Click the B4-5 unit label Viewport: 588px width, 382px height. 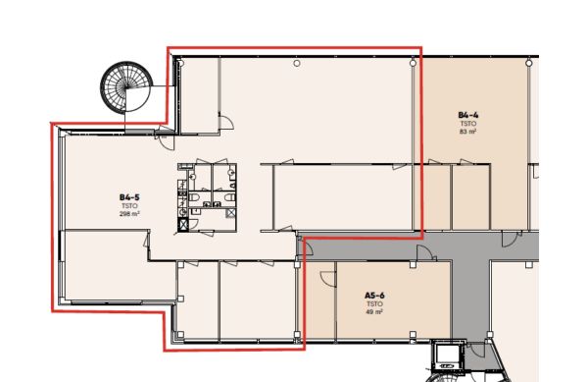click(129, 197)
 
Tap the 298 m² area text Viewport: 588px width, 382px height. click(129, 214)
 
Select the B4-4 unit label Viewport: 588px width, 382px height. click(468, 115)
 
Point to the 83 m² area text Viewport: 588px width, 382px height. click(468, 132)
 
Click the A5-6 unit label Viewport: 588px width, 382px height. click(374, 296)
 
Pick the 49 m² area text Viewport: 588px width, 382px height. click(374, 311)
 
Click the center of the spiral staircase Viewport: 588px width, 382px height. click(126, 88)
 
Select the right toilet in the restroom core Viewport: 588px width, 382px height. click(230, 197)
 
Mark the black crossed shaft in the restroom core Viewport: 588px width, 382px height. click(183, 225)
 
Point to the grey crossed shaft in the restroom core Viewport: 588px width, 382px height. click(230, 213)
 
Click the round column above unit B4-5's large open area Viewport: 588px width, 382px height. click(297, 64)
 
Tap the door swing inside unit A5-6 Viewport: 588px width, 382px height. click(326, 278)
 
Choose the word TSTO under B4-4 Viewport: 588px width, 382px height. click(468, 124)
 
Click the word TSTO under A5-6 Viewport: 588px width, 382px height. click(374, 303)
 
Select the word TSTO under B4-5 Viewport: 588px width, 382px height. click(129, 206)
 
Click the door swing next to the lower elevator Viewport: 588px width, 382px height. click(475, 351)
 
